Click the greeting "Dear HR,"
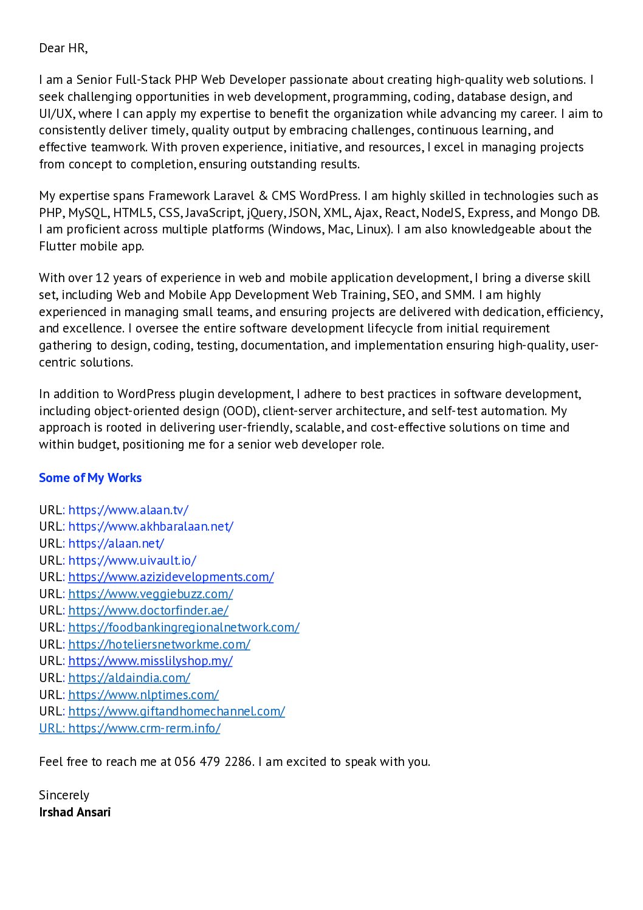tap(63, 48)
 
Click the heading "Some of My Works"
tap(90, 478)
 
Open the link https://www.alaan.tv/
tap(128, 510)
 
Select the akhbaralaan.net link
tap(151, 526)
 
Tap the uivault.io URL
tap(132, 560)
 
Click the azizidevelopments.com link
tap(171, 577)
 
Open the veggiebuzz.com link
tap(151, 594)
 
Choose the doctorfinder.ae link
tap(148, 610)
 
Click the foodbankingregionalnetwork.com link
tap(184, 627)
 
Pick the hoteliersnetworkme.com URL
tap(159, 644)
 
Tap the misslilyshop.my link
tap(150, 661)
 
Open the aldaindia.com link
tap(129, 678)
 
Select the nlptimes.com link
tap(143, 695)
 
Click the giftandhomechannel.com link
tap(176, 711)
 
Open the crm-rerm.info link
tap(144, 728)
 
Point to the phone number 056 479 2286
tap(213, 762)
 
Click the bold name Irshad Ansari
tap(75, 812)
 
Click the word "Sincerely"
tap(64, 795)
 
